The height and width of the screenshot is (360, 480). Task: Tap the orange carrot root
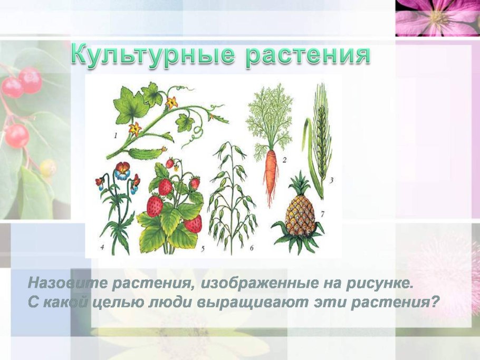(x=271, y=169)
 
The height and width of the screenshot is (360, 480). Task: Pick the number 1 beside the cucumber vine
(x=115, y=135)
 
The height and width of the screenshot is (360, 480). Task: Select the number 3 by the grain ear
(x=331, y=180)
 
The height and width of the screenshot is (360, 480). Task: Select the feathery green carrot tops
(x=270, y=116)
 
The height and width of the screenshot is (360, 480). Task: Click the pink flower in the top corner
(x=437, y=17)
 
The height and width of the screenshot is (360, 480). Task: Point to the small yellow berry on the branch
(x=47, y=168)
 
